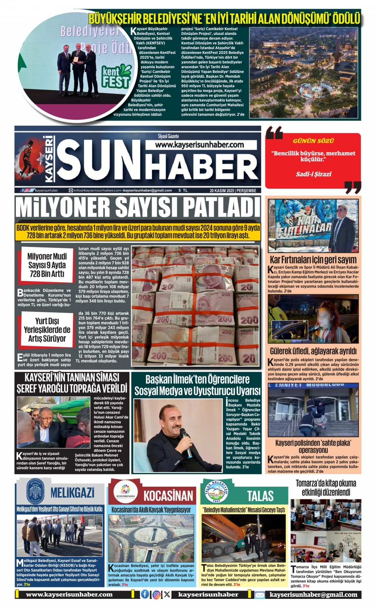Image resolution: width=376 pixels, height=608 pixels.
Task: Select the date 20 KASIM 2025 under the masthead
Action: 222,191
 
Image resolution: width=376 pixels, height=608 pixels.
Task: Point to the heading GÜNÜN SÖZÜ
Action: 313,141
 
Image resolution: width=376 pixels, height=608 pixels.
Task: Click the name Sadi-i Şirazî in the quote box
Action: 313,174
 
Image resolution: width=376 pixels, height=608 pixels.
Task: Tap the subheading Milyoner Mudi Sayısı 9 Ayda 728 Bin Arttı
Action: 47,265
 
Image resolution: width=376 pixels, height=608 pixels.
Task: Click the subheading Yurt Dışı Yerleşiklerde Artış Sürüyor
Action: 47,329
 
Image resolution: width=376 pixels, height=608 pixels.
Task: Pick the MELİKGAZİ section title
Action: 72,493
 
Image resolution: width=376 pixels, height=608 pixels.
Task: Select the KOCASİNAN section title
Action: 168,495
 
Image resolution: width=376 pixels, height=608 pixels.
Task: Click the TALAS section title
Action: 260,495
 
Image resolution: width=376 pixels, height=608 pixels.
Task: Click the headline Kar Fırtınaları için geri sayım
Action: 313,260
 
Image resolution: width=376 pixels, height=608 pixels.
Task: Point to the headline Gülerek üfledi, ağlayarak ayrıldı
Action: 313,351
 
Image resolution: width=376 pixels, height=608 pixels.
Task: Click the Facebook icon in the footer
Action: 145,594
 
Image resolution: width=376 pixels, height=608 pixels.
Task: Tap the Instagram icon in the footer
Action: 156,594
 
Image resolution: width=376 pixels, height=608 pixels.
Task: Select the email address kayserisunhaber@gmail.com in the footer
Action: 313,595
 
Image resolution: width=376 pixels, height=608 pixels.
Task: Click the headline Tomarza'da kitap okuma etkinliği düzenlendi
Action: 326,488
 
